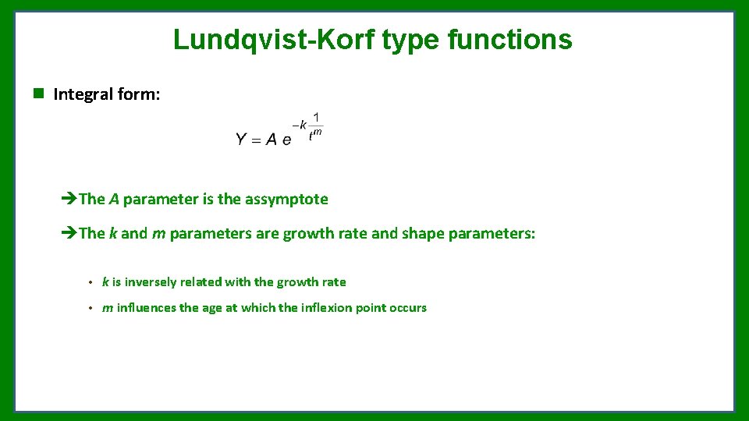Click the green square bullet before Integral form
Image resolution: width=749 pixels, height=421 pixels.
click(x=37, y=94)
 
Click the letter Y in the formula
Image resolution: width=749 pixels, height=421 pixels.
click(x=242, y=140)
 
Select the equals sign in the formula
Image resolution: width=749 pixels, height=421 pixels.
click(x=257, y=140)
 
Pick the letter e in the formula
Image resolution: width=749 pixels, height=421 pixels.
click(x=286, y=140)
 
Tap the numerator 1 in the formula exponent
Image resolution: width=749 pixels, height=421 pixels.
click(x=315, y=118)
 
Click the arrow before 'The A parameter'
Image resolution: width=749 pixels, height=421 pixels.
click(x=68, y=199)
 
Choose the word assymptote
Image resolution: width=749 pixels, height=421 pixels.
click(x=286, y=200)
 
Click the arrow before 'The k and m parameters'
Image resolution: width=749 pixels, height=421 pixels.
click(x=68, y=233)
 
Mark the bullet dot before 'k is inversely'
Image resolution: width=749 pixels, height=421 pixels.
click(x=91, y=282)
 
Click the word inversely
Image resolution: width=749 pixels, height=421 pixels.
click(x=151, y=282)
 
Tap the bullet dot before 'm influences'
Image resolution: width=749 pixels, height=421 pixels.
click(x=91, y=308)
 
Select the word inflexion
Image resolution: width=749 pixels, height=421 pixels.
click(x=327, y=308)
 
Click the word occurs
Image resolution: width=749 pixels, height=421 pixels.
click(x=408, y=308)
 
